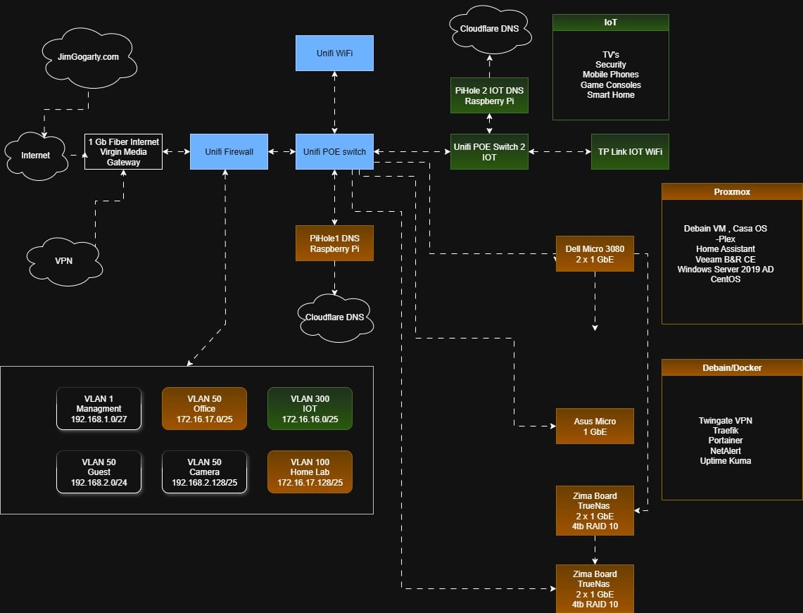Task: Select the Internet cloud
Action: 36,155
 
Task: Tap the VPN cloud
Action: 63,260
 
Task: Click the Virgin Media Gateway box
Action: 124,152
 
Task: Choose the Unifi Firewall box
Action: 229,151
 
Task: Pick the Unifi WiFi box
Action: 334,53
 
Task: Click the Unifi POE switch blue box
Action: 334,151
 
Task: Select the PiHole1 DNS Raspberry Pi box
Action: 334,244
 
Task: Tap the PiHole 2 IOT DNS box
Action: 489,96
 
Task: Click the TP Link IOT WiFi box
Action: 629,151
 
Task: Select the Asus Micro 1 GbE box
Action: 595,426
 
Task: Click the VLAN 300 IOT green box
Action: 310,409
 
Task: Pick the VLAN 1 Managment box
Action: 99,409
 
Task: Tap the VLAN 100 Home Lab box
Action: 310,472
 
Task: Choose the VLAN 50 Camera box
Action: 204,472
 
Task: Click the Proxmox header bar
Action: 732,191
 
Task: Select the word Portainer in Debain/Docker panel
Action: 725,441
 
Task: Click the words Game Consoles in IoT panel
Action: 610,84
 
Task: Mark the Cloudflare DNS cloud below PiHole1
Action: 335,317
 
